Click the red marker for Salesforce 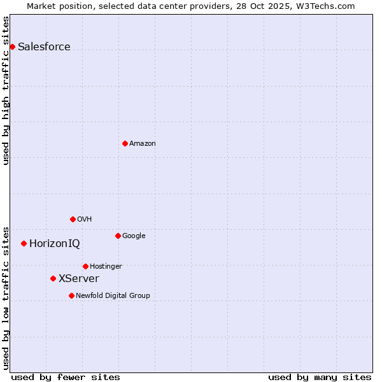click(x=12, y=46)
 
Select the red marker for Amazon click(x=125, y=143)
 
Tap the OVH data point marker click(x=73, y=219)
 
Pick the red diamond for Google click(x=118, y=236)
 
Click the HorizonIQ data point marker click(x=24, y=243)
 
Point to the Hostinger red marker click(x=85, y=266)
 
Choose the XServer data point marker click(x=53, y=278)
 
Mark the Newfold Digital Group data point click(x=71, y=295)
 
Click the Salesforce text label click(x=44, y=46)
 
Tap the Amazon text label click(x=143, y=143)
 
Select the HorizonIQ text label click(x=55, y=243)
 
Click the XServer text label click(x=79, y=278)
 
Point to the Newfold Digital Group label click(x=113, y=295)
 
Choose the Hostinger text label click(x=106, y=266)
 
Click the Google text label click(x=134, y=236)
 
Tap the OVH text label click(x=85, y=219)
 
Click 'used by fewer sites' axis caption click(x=66, y=377)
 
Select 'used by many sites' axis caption click(x=320, y=377)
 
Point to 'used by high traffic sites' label click(x=6, y=90)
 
